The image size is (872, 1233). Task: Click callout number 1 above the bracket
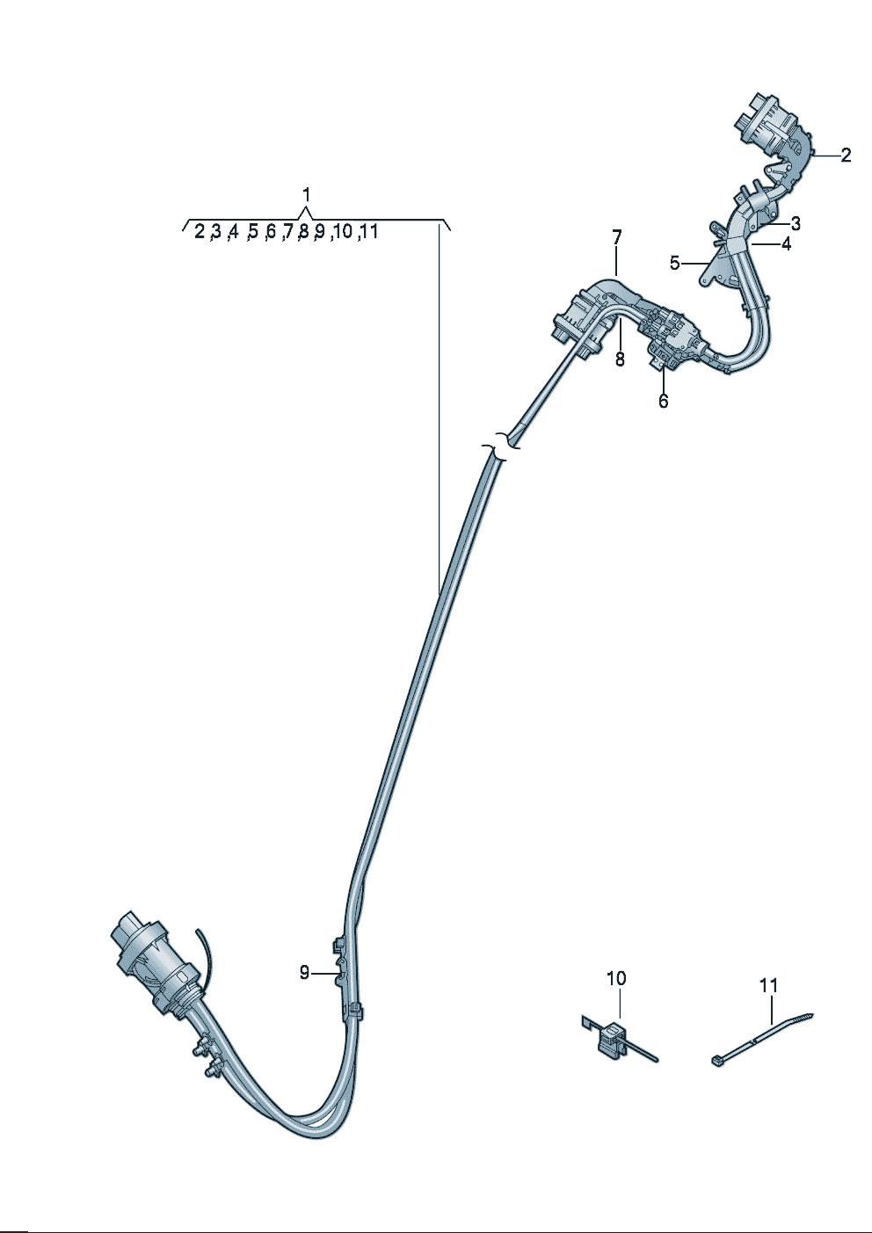pyautogui.click(x=306, y=194)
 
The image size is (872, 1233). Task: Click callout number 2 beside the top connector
pyautogui.click(x=846, y=156)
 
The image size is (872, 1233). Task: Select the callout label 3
pyautogui.click(x=795, y=222)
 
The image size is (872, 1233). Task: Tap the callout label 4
pyautogui.click(x=786, y=244)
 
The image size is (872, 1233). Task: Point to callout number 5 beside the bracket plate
pyautogui.click(x=674, y=263)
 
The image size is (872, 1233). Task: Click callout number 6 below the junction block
pyautogui.click(x=663, y=401)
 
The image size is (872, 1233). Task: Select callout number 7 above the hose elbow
pyautogui.click(x=616, y=237)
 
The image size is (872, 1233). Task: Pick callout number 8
pyautogui.click(x=620, y=359)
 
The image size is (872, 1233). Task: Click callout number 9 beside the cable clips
pyautogui.click(x=304, y=972)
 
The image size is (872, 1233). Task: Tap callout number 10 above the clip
pyautogui.click(x=616, y=978)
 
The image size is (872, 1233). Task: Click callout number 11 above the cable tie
pyautogui.click(x=769, y=986)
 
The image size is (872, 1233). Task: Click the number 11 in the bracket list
pyautogui.click(x=369, y=232)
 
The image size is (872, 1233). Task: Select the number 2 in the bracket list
pyautogui.click(x=200, y=232)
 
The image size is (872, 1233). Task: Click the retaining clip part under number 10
pyautogui.click(x=610, y=1039)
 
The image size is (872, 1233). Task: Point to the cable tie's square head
pyautogui.click(x=716, y=1061)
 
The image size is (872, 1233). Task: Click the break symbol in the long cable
pyautogui.click(x=502, y=445)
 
